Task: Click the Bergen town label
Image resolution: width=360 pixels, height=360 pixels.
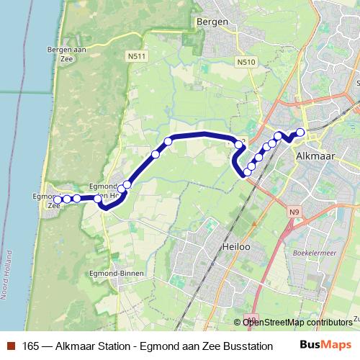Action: coord(212,22)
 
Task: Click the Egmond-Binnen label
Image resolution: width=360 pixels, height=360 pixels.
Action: coord(122,274)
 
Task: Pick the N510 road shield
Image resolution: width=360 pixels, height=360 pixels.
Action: coord(246,63)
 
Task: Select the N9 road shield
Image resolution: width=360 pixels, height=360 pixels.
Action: coord(293,212)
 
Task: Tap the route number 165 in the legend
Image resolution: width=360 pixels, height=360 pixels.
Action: coord(31,345)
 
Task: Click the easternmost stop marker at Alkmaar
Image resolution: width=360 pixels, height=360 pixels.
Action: coord(300,132)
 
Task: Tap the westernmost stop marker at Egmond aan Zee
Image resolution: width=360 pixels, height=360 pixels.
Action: coord(58,199)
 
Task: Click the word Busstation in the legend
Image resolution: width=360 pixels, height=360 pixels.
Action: coord(247,345)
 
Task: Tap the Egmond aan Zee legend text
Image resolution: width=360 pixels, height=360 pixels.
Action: coord(180,345)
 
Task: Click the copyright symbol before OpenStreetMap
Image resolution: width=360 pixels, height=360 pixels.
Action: coord(238,322)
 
